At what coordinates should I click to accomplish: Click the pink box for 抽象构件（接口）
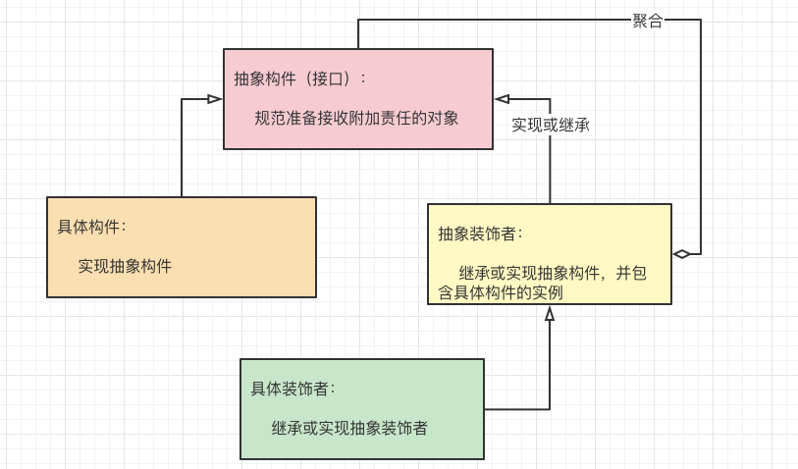(357, 98)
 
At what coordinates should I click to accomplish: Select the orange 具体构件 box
(181, 246)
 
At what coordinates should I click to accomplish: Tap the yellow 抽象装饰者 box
(549, 253)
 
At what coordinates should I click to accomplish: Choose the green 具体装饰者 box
(361, 408)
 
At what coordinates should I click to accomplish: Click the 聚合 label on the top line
(647, 21)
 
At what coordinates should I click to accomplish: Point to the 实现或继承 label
(550, 126)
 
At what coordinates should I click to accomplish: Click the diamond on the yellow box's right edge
(681, 253)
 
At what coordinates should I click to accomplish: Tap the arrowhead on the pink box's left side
(214, 98)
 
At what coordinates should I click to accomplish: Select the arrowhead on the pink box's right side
(503, 98)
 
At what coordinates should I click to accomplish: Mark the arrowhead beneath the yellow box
(550, 314)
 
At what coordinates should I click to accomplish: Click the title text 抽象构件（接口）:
(299, 78)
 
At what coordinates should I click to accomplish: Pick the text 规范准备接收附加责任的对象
(356, 118)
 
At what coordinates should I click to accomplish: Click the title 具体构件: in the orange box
(91, 227)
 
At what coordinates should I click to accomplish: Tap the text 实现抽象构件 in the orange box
(125, 266)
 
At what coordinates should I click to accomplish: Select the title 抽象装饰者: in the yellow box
(480, 234)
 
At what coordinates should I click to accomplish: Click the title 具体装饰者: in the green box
(293, 388)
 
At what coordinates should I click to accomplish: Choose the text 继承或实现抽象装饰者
(349, 428)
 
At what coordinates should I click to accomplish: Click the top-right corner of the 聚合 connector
(701, 20)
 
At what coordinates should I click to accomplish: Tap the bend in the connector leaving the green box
(550, 409)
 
